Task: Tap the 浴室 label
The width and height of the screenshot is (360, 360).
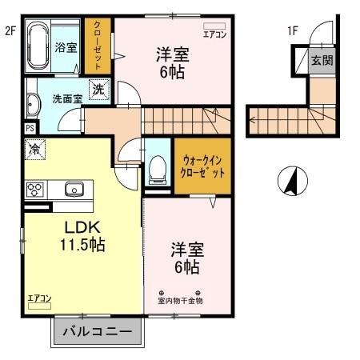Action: coord(66,48)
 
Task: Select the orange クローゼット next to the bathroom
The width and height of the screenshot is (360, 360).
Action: coord(98,46)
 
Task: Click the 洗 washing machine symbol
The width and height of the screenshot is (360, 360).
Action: coord(98,90)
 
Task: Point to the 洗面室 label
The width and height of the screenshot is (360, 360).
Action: coord(67,99)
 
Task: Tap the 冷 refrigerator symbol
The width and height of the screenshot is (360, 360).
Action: coord(35,148)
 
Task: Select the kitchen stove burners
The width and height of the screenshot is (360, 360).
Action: coord(36,189)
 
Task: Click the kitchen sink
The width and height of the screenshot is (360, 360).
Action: coord(74,190)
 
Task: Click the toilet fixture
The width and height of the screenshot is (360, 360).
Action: coord(157,168)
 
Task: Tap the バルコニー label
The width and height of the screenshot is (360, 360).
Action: coord(101,332)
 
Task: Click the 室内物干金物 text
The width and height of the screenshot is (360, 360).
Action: coord(180,301)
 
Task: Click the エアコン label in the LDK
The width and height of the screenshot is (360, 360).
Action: coord(39,298)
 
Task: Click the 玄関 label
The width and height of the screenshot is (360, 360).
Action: coord(322,61)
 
